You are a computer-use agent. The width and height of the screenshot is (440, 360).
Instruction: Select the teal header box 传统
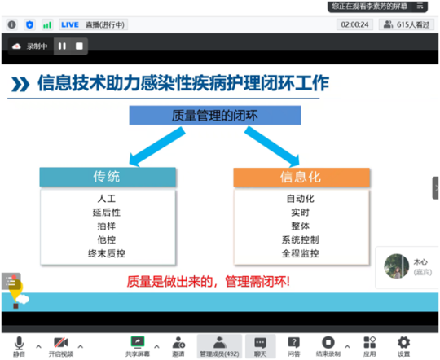tap(107, 178)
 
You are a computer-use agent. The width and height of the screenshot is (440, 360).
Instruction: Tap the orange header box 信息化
tap(301, 178)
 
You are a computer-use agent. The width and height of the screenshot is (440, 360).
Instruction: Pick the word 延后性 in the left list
tap(107, 212)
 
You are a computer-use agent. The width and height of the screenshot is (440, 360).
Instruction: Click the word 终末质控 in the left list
tap(107, 253)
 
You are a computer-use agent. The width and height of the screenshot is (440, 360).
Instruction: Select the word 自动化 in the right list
tap(301, 198)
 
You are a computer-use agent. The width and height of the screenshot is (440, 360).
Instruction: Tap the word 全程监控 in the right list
tap(301, 253)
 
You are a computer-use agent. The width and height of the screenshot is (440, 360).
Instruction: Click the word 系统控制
tap(301, 239)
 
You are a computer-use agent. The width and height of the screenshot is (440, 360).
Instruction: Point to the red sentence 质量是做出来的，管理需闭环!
tap(208, 282)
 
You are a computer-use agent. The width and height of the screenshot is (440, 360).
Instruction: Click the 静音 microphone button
tap(19, 346)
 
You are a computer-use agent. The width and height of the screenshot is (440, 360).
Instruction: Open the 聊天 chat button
tap(260, 346)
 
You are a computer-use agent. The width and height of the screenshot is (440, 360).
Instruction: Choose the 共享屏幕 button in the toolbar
tap(137, 346)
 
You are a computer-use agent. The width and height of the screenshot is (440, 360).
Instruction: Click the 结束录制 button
tap(328, 346)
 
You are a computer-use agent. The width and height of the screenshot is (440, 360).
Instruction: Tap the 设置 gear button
tap(404, 346)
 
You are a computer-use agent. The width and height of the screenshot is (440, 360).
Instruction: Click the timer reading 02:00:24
tap(355, 24)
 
